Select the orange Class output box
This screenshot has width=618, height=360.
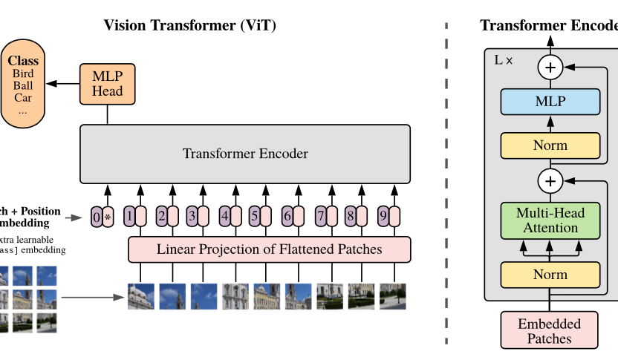click(23, 85)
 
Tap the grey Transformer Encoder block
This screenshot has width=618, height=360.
click(245, 154)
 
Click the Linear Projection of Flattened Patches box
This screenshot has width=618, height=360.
click(269, 249)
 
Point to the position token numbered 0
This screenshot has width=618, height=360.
click(97, 217)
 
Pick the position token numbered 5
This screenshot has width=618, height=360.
click(255, 217)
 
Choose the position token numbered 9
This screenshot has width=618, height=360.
click(383, 217)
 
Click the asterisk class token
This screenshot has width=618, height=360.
click(108, 217)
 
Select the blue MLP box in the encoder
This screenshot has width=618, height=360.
click(550, 102)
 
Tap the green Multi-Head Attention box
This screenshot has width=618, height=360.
click(550, 220)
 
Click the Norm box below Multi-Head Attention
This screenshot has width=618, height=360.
click(550, 275)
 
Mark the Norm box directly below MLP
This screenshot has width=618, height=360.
click(550, 145)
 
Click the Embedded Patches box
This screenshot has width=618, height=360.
click(550, 330)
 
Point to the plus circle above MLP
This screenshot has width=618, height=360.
click(550, 68)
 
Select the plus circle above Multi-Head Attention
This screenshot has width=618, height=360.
click(550, 180)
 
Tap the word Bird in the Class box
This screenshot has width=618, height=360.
click(23, 74)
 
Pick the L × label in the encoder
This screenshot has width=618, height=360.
click(504, 59)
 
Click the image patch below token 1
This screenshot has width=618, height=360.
click(141, 296)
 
